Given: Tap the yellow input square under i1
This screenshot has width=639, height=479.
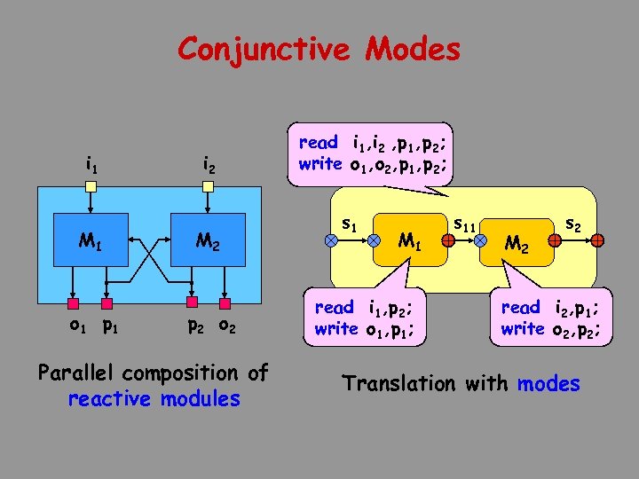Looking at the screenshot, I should click(91, 187).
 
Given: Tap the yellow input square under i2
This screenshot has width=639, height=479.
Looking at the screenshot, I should click(207, 187).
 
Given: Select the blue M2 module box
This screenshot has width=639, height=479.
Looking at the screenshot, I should click(207, 239).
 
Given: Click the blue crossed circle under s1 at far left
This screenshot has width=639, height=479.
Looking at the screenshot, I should click(330, 240).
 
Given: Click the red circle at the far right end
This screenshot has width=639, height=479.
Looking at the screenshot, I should click(599, 240).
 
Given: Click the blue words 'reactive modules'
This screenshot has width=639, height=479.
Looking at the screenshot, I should click(154, 399).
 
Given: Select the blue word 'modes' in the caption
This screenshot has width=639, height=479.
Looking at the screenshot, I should click(548, 384).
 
